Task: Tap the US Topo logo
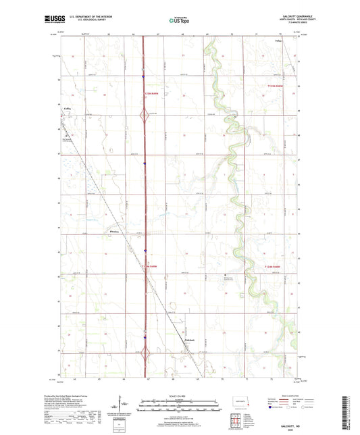pyautogui.click(x=178, y=20)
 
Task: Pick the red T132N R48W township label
pyautogui.click(x=258, y=267)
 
